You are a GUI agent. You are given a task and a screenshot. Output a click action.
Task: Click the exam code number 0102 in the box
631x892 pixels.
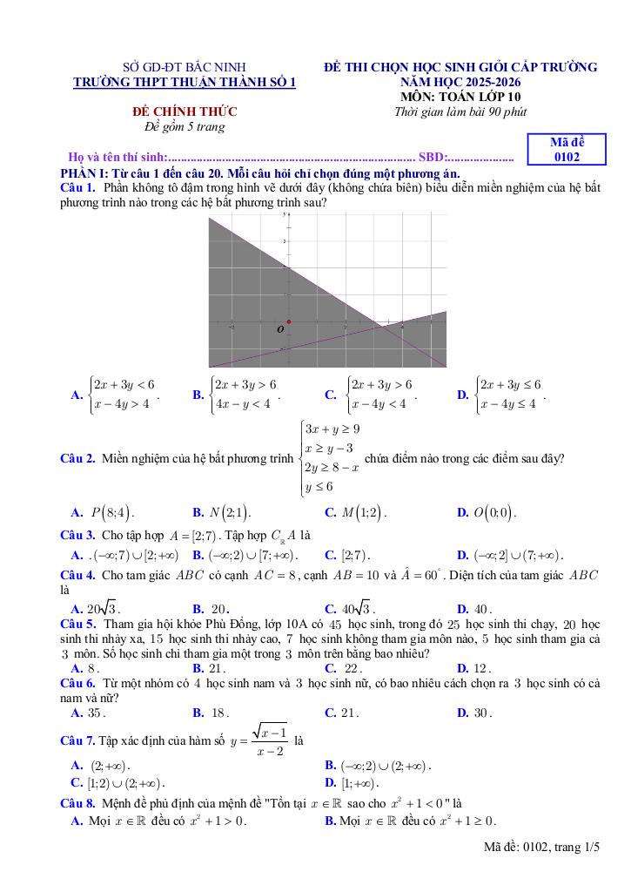click(x=567, y=158)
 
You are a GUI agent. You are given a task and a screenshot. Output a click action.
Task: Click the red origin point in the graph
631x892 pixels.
click(x=289, y=321)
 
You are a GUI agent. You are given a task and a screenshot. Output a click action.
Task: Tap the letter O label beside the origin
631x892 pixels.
click(x=280, y=330)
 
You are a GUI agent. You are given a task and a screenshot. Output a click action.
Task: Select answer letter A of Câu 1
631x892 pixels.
click(x=77, y=395)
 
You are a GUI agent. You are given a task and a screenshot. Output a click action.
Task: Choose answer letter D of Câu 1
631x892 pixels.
click(x=463, y=395)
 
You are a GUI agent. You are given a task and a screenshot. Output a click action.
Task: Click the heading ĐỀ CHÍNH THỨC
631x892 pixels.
click(x=185, y=112)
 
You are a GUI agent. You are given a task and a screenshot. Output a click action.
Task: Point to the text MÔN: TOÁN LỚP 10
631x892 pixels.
click(x=460, y=97)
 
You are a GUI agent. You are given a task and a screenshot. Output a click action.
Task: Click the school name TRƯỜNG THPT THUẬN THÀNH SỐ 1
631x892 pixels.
click(x=185, y=82)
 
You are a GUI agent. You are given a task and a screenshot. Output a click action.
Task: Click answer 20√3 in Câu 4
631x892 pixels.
click(x=103, y=609)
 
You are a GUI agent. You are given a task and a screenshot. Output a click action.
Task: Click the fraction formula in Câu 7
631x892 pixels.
click(x=270, y=741)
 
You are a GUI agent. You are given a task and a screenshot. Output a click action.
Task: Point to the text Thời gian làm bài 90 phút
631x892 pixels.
click(x=460, y=111)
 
